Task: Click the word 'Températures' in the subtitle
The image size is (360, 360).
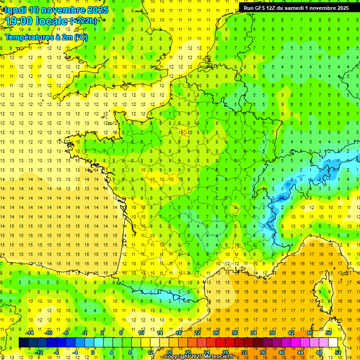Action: click(x=27, y=37)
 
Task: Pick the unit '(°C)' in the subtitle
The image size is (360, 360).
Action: click(x=80, y=37)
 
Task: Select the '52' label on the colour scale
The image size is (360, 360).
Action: click(x=337, y=352)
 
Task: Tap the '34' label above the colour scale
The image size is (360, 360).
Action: click(x=253, y=333)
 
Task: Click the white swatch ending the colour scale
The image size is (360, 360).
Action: click(x=333, y=343)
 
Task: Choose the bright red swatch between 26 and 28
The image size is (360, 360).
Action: click(x=221, y=343)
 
